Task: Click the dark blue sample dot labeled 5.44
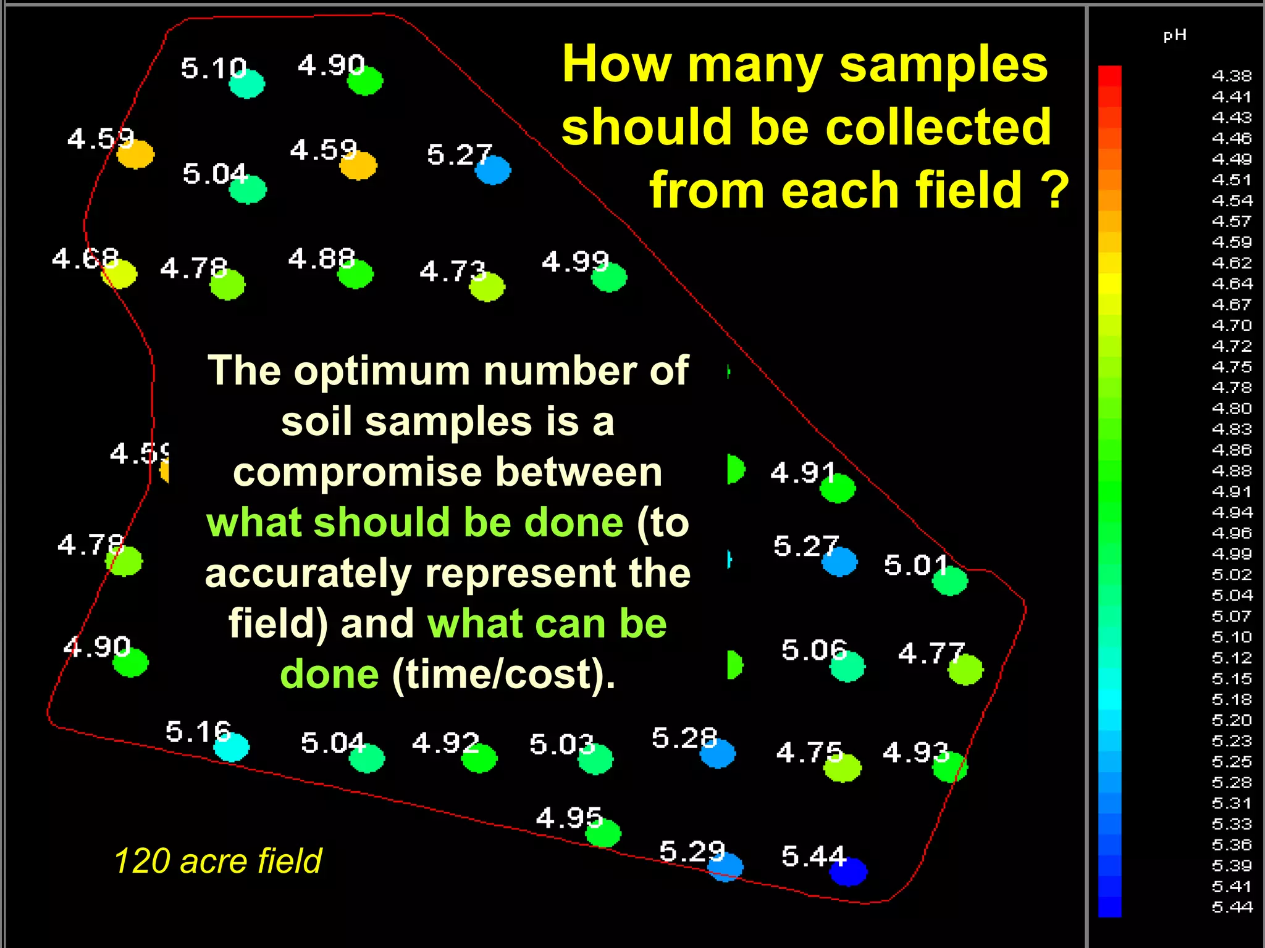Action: click(x=848, y=871)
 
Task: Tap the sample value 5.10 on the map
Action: click(x=213, y=68)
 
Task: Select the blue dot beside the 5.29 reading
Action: click(x=726, y=866)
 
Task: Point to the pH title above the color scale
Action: click(x=1175, y=35)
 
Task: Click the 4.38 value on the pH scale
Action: click(x=1232, y=76)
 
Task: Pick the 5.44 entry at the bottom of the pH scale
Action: click(x=1232, y=907)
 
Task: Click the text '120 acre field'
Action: click(x=217, y=860)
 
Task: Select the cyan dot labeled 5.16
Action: click(x=232, y=747)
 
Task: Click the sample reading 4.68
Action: click(x=85, y=259)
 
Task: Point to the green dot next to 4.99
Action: click(x=609, y=277)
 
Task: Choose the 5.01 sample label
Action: click(x=915, y=565)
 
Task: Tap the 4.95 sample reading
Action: click(x=568, y=818)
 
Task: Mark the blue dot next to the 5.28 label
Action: click(x=718, y=753)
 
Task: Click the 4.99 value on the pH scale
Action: click(x=1232, y=554)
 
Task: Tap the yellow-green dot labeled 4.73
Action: click(x=487, y=287)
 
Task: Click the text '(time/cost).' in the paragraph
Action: click(x=504, y=674)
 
